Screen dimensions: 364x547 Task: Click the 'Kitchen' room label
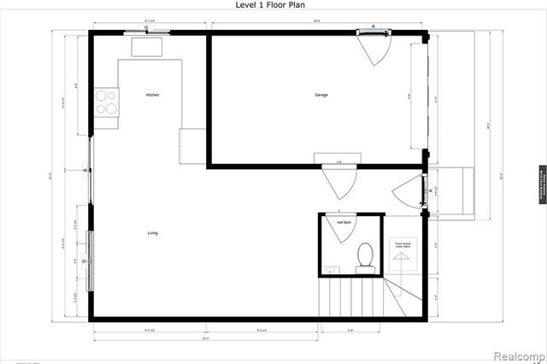[x=152, y=95]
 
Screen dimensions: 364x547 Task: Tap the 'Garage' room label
[x=321, y=95]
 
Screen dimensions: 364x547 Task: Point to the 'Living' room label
[x=152, y=232]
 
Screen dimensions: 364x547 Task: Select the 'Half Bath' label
[x=344, y=222]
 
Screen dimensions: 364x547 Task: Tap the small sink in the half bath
[x=332, y=270]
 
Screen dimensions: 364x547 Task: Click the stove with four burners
[x=107, y=103]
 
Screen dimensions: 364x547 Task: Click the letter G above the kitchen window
[x=146, y=28]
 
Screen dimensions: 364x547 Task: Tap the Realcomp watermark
[x=518, y=353]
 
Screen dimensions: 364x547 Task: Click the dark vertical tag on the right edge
[x=541, y=181]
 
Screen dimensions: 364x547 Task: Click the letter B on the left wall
[x=85, y=172]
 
